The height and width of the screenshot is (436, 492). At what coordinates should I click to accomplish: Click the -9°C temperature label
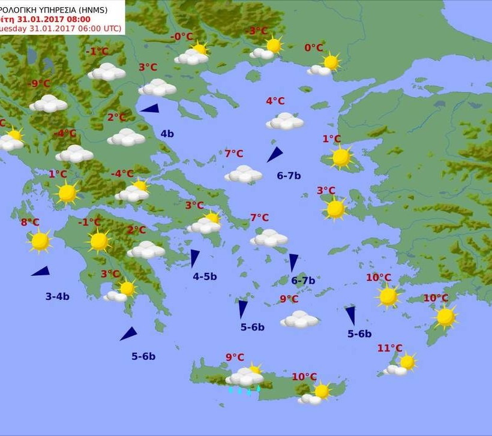pos(41,83)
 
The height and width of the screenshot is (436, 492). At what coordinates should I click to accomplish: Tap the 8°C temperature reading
pos(30,222)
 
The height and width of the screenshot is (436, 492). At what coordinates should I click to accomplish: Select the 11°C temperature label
pos(390,348)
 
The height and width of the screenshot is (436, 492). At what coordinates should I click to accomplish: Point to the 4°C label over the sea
pos(275,101)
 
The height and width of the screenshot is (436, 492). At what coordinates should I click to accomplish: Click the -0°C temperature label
pos(182,37)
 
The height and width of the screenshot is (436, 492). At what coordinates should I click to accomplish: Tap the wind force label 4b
pos(167,134)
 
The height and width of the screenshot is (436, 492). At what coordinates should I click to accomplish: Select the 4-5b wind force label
pos(205,276)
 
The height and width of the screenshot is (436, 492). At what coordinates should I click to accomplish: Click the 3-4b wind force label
pos(57,296)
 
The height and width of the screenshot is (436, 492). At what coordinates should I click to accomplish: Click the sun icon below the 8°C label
pos(40,241)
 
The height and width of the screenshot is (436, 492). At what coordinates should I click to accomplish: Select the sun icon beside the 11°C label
pos(407,362)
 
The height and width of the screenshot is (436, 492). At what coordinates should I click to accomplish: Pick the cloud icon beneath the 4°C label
pos(285,121)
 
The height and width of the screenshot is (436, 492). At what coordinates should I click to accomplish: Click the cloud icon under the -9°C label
pos(48,103)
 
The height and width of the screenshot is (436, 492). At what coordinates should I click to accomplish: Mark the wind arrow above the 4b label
pos(150,109)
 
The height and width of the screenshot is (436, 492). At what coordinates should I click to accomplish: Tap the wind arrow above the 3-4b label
pos(41,272)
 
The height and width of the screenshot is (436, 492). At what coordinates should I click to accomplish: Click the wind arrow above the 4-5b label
pos(194,258)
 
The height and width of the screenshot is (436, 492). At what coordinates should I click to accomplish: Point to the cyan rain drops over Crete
pos(244,390)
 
